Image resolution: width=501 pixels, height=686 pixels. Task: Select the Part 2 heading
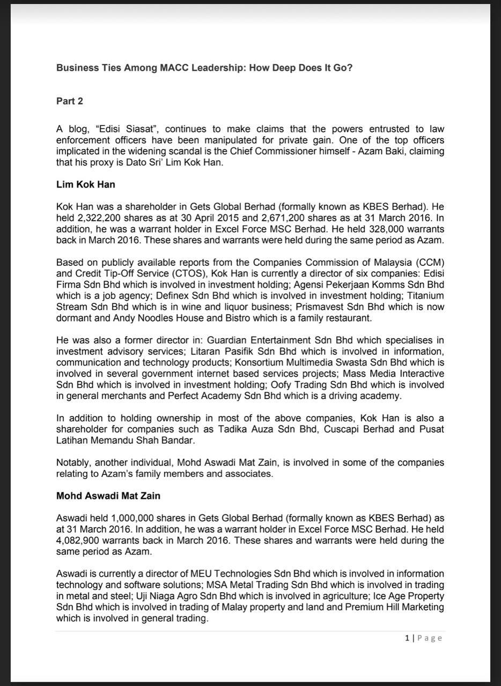(x=70, y=101)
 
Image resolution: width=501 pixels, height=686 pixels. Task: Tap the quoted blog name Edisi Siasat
(x=124, y=129)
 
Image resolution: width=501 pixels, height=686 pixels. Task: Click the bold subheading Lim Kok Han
(x=85, y=184)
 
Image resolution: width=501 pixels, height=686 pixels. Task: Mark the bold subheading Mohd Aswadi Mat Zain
(x=108, y=496)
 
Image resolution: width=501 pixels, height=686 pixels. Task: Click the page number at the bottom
(x=407, y=638)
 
